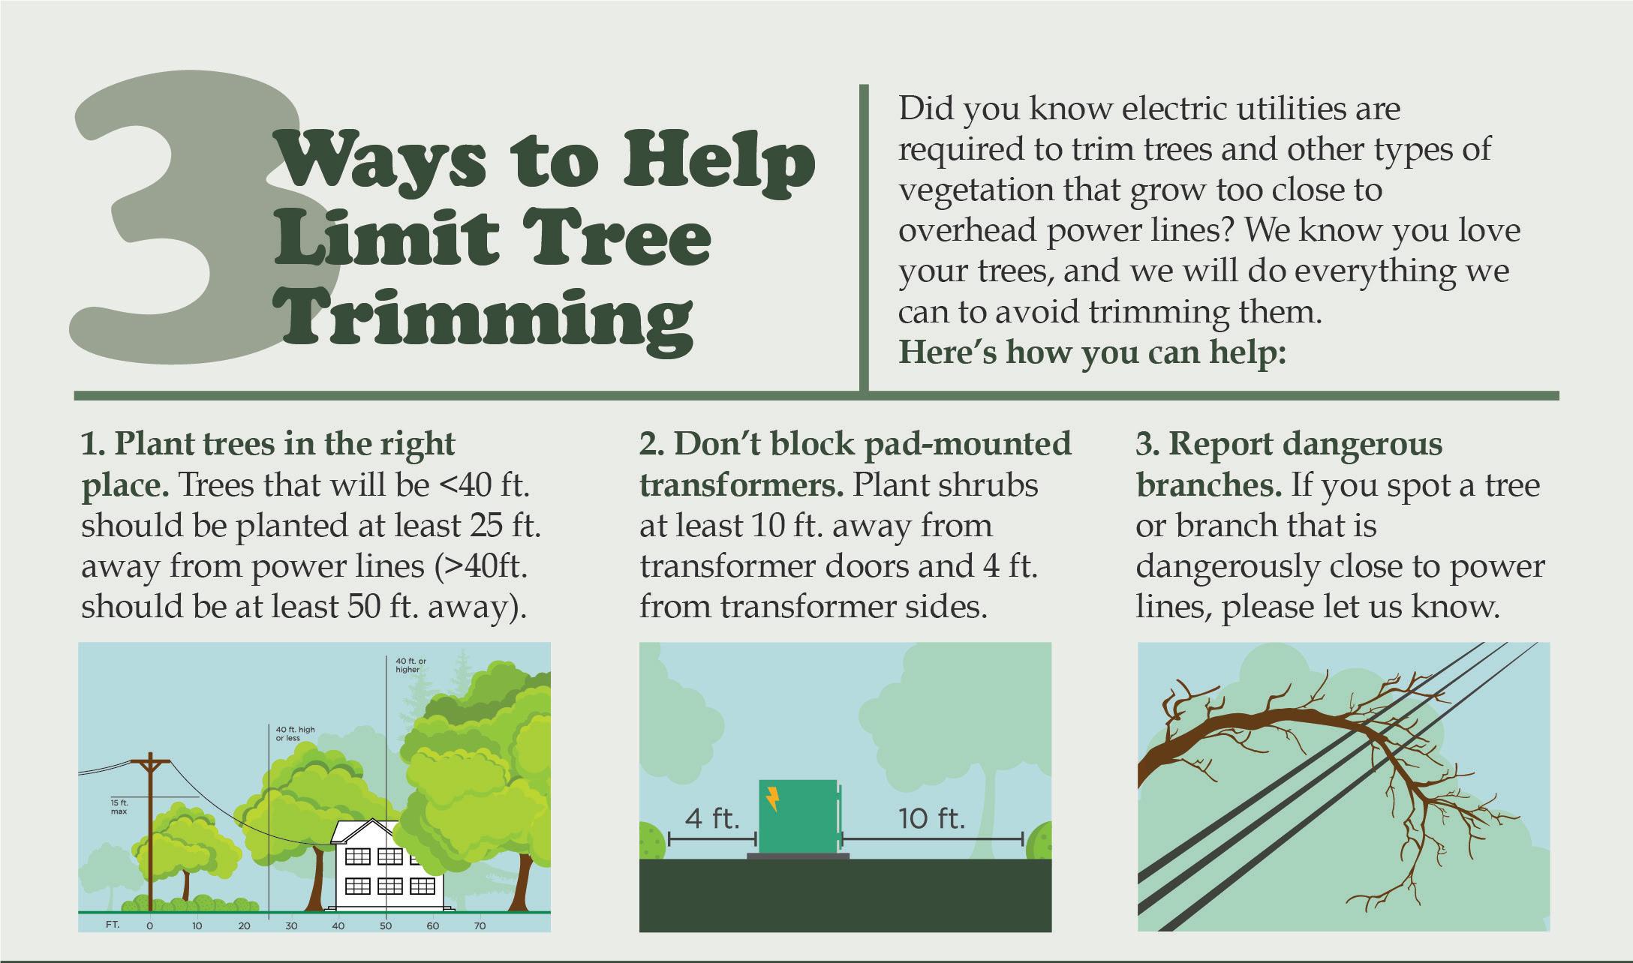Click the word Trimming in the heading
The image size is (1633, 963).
pyautogui.click(x=485, y=321)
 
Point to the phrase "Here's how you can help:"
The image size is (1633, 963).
pyautogui.click(x=1093, y=352)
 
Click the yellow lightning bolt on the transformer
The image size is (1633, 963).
pyautogui.click(x=772, y=799)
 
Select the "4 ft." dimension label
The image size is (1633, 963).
pyautogui.click(x=712, y=817)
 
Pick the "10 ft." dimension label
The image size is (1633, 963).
pyautogui.click(x=931, y=817)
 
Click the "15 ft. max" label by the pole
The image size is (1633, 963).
pyautogui.click(x=119, y=807)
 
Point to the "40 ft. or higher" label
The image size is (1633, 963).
pyautogui.click(x=411, y=665)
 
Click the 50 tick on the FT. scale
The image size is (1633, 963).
pyautogui.click(x=386, y=925)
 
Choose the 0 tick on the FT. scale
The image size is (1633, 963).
pyautogui.click(x=150, y=925)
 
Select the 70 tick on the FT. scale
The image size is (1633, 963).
pyautogui.click(x=480, y=925)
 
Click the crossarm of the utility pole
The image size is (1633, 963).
pyautogui.click(x=150, y=764)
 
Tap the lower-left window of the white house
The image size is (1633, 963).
pyautogui.click(x=357, y=886)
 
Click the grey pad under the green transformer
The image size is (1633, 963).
pyautogui.click(x=798, y=856)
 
